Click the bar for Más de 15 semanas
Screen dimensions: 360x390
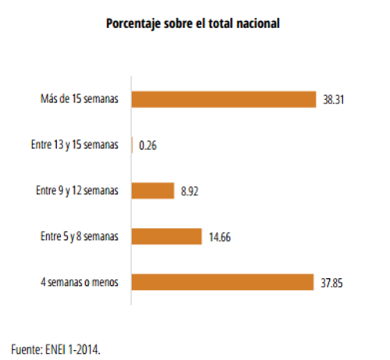point(223,99)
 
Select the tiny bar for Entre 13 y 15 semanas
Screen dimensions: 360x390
point(133,145)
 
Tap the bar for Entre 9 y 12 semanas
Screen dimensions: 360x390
point(152,190)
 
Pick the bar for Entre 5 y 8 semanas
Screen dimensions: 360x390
point(166,236)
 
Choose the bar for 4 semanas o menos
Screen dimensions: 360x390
point(222,281)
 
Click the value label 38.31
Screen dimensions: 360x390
point(334,100)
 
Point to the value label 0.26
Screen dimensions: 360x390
point(147,145)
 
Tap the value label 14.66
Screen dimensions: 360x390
point(219,236)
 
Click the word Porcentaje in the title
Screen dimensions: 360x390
point(132,24)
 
